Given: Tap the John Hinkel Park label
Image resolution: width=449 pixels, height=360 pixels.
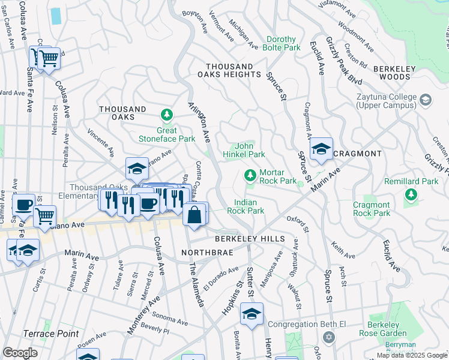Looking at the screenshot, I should (x=249, y=150).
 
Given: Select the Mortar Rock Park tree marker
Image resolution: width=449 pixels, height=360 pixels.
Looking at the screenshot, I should (x=250, y=176).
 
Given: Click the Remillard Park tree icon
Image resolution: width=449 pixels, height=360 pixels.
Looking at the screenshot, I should (x=411, y=194).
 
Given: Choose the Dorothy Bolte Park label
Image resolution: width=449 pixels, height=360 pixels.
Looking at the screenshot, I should (x=275, y=43).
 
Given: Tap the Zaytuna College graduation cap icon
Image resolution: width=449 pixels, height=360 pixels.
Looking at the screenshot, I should (x=426, y=100).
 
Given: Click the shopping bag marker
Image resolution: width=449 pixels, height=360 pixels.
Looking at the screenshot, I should (x=195, y=215).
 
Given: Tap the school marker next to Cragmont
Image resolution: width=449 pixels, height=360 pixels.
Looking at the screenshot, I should (x=321, y=150).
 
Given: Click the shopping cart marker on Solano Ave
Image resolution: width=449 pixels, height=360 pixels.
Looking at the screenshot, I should (x=45, y=216).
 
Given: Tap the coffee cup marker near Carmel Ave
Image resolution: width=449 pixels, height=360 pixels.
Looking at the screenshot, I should (x=24, y=205).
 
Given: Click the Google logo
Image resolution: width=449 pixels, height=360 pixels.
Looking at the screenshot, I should (x=20, y=352).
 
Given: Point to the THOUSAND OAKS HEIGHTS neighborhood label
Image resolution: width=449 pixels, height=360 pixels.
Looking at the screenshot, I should (x=229, y=70).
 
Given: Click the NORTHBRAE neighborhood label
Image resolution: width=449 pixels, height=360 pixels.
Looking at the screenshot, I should (x=203, y=253).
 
